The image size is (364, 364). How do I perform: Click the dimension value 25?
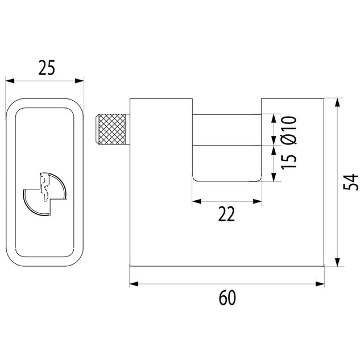[47, 68]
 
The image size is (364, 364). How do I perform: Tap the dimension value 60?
[227, 298]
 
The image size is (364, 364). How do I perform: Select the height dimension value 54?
[350, 182]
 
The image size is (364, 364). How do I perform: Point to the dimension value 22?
[226, 214]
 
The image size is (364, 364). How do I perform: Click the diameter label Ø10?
[289, 130]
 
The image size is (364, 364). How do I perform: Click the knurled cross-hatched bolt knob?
[111, 129]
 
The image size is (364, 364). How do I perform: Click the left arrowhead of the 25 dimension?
[10, 81]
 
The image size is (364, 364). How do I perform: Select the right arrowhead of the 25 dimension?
[79, 81]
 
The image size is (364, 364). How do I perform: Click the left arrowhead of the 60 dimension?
[134, 284]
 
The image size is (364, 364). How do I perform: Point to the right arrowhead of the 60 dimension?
[320, 284]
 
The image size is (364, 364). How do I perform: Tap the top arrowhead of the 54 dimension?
[338, 103]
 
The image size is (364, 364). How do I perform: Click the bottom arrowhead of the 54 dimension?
[338, 262]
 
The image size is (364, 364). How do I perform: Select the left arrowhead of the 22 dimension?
[197, 201]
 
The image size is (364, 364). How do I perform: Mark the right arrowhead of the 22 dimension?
[257, 201]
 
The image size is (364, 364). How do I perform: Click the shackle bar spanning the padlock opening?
[227, 130]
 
